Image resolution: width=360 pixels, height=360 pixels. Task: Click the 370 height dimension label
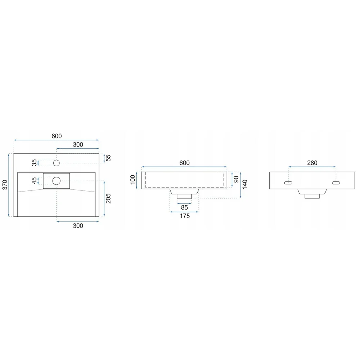click(5, 185)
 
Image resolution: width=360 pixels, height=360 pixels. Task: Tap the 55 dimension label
click(108, 158)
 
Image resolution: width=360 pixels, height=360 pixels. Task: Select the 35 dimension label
click(34, 163)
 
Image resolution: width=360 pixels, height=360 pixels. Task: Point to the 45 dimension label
click(34, 181)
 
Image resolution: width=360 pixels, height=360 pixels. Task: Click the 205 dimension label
click(108, 198)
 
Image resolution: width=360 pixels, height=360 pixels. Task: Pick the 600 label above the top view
click(57, 136)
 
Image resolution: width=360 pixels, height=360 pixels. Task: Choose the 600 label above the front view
click(184, 163)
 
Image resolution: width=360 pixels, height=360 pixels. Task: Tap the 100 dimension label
click(133, 180)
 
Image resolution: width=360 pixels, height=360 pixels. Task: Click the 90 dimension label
click(236, 179)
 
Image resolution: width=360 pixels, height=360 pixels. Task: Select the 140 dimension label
click(245, 185)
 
